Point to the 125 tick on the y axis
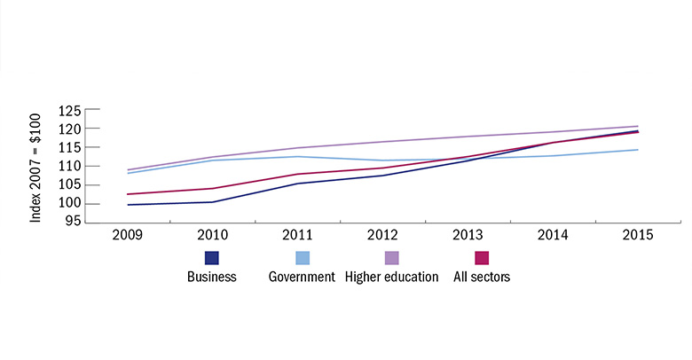[x=70, y=111]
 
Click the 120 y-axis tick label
[x=70, y=129]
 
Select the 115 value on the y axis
[x=70, y=148]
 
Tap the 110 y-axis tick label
[x=70, y=167]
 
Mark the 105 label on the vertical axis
[x=70, y=185]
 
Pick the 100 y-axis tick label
[x=70, y=204]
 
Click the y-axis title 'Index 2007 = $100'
[x=36, y=166]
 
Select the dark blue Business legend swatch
[x=212, y=258]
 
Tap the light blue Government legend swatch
[x=302, y=258]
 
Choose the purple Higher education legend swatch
[x=392, y=258]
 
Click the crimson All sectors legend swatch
[x=482, y=258]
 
